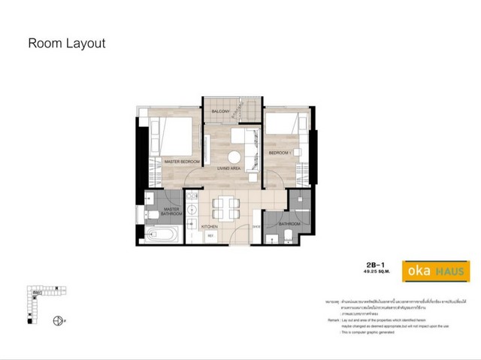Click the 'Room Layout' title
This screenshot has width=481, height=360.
(66, 43)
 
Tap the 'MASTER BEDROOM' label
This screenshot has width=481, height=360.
(182, 162)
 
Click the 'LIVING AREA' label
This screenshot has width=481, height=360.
(228, 169)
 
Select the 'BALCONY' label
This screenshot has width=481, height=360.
(220, 111)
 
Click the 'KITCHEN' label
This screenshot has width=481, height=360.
(209, 225)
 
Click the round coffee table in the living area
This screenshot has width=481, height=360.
(234, 157)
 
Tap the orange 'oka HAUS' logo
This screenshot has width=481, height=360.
(437, 270)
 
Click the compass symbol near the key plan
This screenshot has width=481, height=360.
(58, 321)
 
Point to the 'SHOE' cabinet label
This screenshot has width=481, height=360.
(256, 225)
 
